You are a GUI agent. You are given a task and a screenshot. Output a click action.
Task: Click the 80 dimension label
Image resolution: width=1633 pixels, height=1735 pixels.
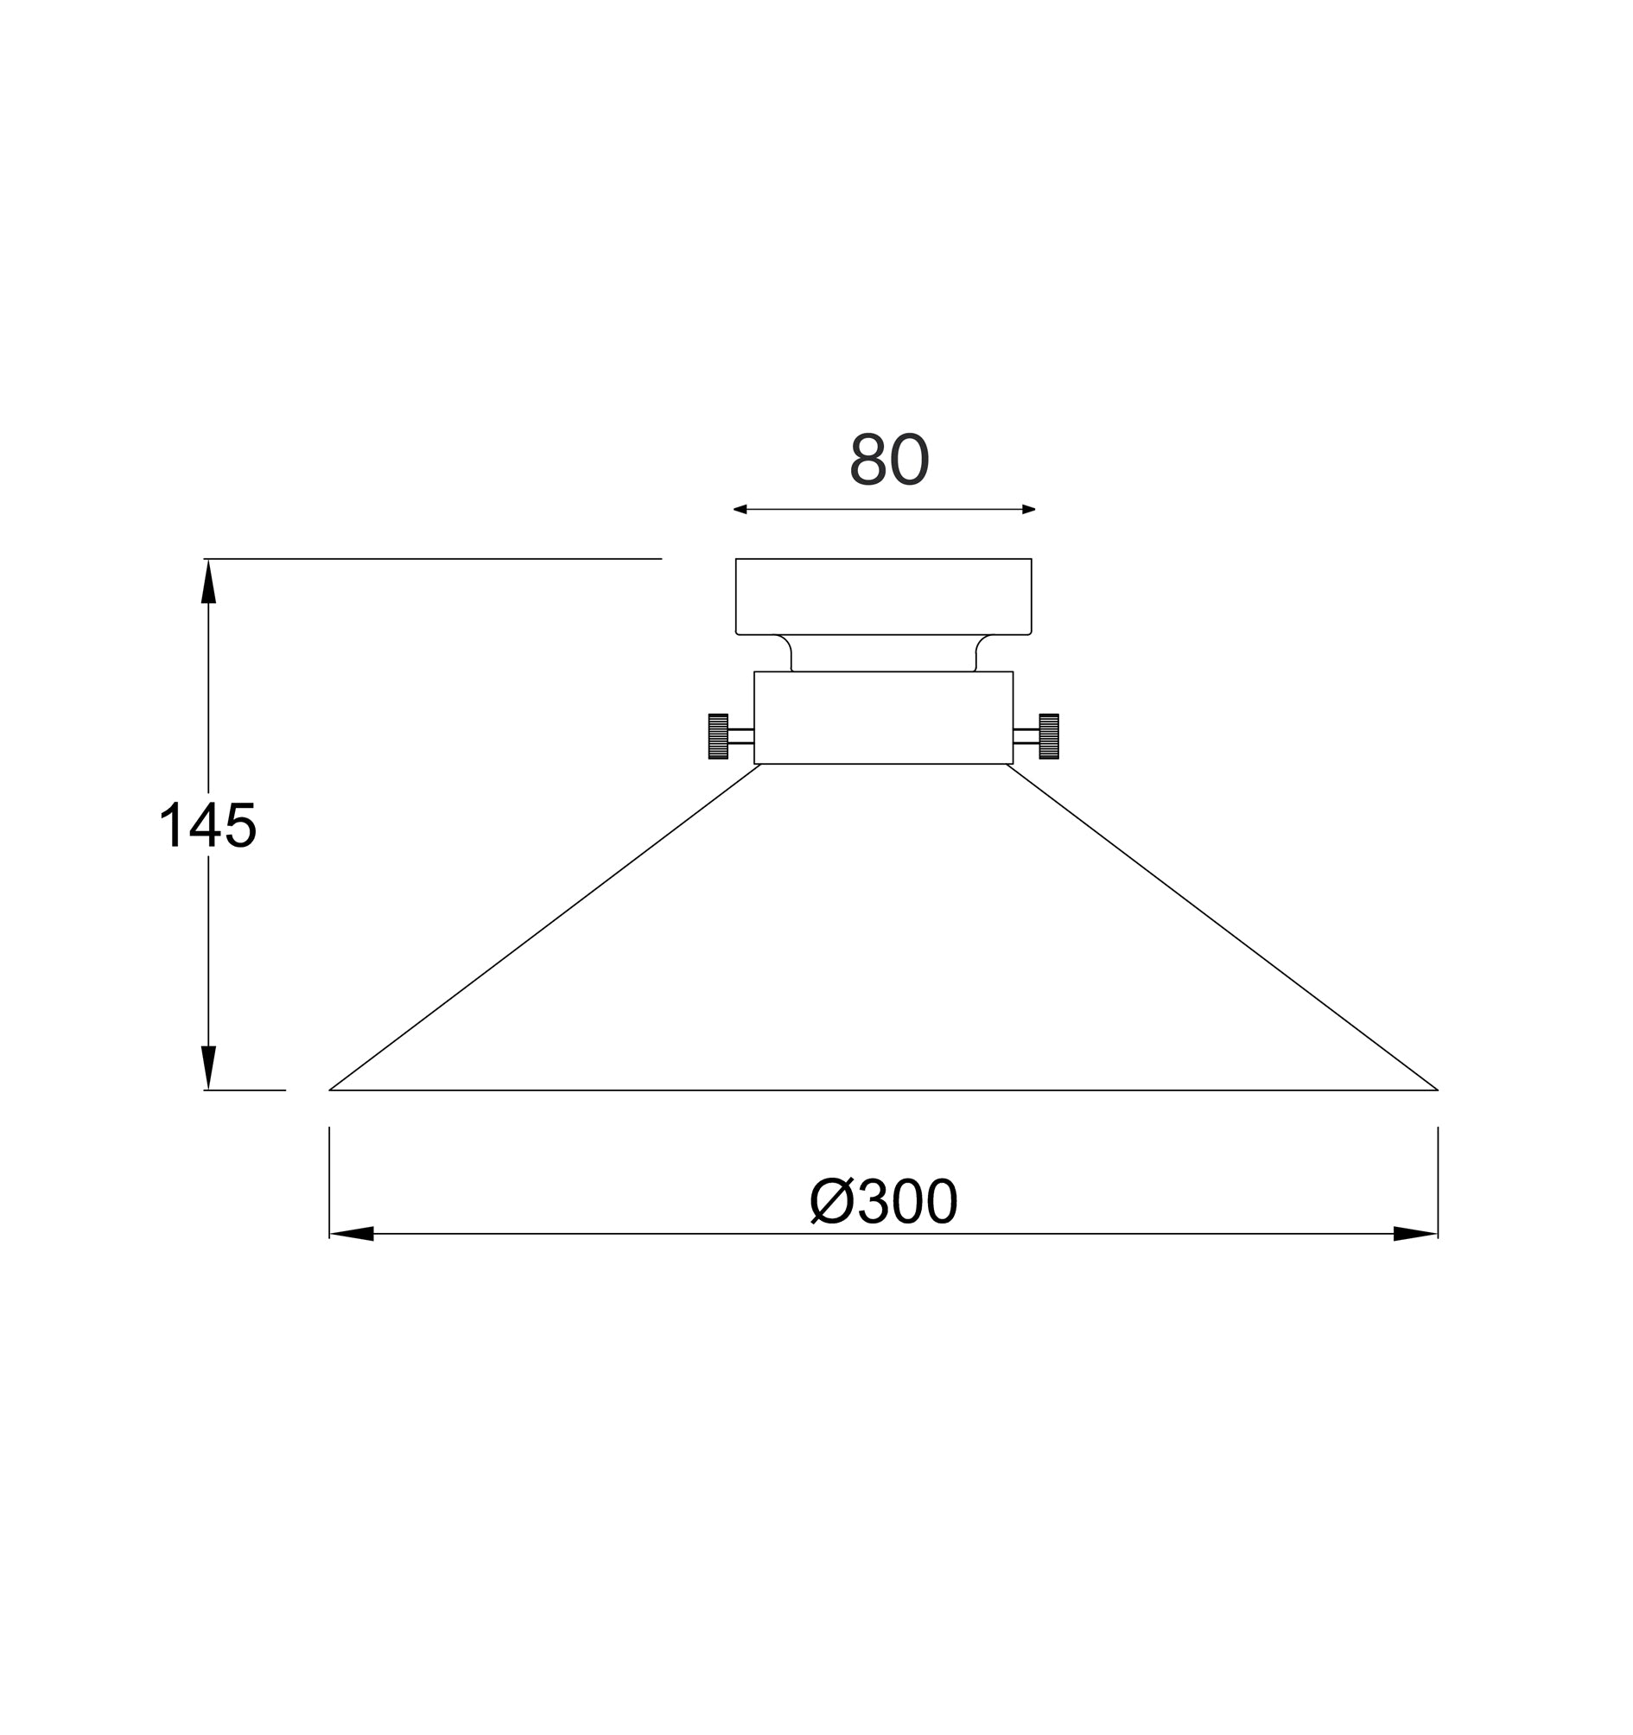(x=888, y=460)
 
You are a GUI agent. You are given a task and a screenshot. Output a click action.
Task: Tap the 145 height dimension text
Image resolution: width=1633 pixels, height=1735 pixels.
(x=207, y=825)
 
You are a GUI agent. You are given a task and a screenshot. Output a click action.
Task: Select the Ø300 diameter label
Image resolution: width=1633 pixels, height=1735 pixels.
(x=883, y=1202)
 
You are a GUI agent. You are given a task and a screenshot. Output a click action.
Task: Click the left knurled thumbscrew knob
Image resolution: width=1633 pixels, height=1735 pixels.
(x=717, y=735)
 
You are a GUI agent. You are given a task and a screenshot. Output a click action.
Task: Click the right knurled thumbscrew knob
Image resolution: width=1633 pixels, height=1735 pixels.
(x=1048, y=735)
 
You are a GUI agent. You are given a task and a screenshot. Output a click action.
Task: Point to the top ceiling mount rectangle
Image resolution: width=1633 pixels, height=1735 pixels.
(x=883, y=596)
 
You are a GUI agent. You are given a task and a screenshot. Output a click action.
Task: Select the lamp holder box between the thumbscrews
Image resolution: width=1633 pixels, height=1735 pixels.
(x=883, y=717)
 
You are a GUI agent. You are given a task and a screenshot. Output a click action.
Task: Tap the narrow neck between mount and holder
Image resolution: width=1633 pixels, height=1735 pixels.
(x=883, y=654)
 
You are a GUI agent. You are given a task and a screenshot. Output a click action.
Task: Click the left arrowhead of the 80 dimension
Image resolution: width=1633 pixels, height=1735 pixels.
(x=740, y=509)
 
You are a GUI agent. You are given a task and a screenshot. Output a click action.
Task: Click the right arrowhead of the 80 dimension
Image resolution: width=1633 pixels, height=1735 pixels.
(x=1028, y=509)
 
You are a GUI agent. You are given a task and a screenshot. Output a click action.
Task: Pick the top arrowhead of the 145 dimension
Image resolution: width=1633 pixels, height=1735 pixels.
(x=207, y=582)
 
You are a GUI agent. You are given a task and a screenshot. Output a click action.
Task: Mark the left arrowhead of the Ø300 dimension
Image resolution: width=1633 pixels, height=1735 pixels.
(x=352, y=1233)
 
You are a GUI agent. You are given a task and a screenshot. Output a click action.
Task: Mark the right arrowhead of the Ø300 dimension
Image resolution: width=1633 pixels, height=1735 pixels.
(x=1414, y=1233)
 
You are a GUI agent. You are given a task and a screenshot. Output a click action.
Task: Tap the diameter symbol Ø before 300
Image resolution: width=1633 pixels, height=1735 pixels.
(x=831, y=1202)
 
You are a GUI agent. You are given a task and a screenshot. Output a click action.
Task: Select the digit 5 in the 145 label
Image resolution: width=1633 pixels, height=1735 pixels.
(x=240, y=825)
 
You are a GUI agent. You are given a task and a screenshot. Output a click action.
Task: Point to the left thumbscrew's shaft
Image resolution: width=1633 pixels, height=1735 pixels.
(x=741, y=735)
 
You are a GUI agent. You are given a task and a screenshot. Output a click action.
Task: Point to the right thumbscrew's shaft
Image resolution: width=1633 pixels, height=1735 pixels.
(x=1026, y=735)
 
